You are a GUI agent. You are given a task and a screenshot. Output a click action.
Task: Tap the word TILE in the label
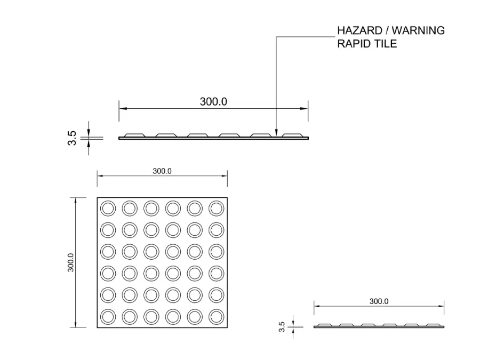(385, 43)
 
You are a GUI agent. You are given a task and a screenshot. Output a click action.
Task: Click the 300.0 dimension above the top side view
(213, 101)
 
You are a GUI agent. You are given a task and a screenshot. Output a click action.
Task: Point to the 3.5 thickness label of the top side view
(73, 138)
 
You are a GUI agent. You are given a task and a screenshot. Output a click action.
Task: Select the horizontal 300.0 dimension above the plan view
(162, 171)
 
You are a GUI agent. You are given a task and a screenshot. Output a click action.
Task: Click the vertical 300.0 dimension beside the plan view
(70, 262)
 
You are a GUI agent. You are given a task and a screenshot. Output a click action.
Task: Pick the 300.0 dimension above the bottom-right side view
(379, 301)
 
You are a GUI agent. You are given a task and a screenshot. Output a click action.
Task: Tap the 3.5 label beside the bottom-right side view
(282, 326)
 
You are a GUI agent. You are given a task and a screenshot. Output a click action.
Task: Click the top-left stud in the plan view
(108, 208)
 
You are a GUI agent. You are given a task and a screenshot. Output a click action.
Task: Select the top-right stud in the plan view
(216, 208)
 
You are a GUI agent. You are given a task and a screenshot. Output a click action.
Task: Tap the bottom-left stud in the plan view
(108, 317)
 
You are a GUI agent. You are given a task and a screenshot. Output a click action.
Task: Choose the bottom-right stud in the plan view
(216, 317)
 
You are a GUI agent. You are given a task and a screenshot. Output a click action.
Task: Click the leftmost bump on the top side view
(134, 134)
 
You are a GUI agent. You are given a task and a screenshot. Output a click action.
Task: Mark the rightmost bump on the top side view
(293, 134)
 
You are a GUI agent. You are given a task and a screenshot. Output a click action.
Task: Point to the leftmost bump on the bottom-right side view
(325, 324)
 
